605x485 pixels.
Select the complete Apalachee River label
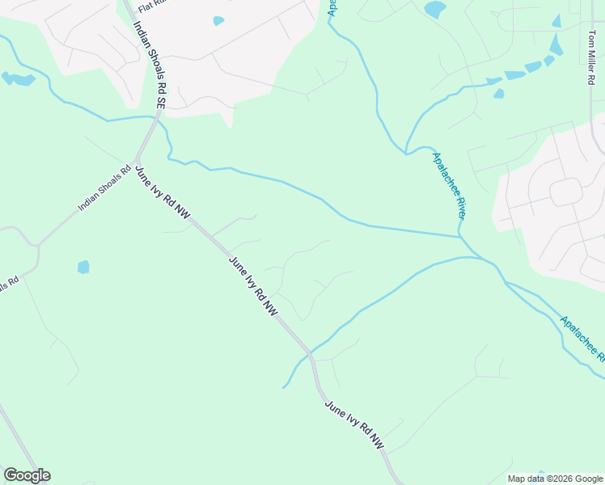pos(449,186)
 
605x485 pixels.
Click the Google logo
pos(27,475)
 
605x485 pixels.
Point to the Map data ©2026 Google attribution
pos(556,479)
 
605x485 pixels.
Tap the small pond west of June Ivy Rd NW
pos(83,267)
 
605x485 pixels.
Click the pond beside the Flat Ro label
pos(218,21)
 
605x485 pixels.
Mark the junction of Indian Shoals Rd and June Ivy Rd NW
pos(137,158)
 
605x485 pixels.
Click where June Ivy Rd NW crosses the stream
pos(310,352)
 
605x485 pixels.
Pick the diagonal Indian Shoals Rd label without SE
pos(104,189)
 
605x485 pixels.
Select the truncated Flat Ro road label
pos(152,6)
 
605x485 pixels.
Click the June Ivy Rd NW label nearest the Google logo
pos(354,426)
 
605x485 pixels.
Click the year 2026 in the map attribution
pos(555,479)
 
